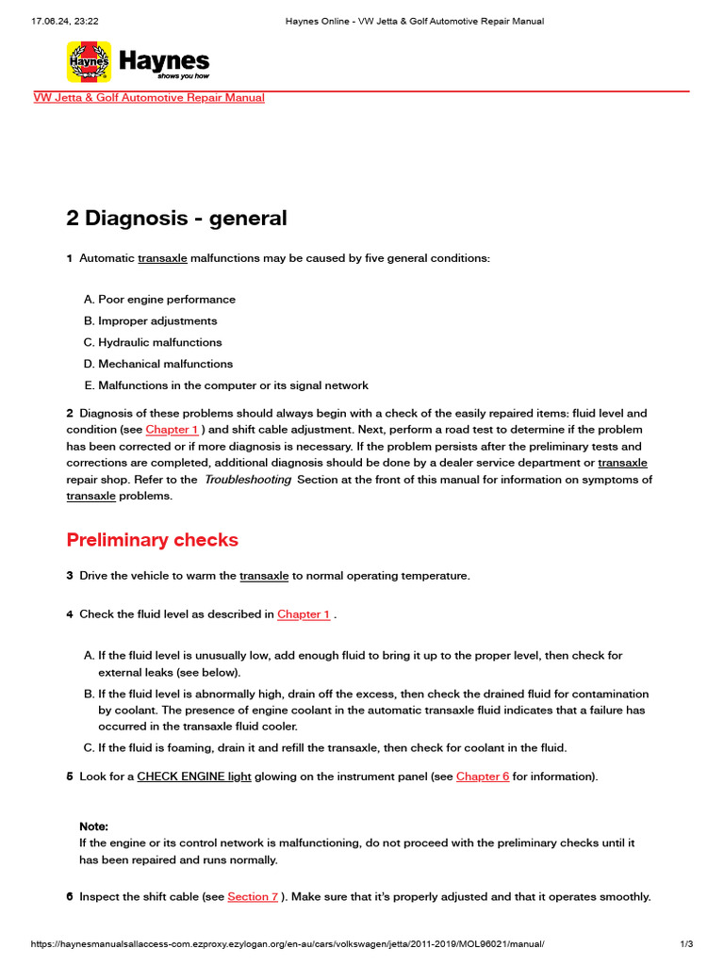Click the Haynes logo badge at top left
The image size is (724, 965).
(90, 62)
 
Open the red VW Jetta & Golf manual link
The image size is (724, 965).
(149, 98)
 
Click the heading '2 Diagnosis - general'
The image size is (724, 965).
(176, 219)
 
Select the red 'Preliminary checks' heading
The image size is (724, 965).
(152, 540)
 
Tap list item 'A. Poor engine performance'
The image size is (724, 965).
(159, 300)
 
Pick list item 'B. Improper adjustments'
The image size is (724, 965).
(150, 321)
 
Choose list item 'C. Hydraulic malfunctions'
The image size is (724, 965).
(153, 343)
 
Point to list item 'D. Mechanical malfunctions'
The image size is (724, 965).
(157, 364)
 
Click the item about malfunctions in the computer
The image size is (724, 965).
(225, 385)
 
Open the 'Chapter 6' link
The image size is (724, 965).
(483, 777)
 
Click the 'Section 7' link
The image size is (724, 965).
(253, 897)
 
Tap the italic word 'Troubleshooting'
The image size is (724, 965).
(248, 480)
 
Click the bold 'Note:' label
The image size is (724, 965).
(93, 826)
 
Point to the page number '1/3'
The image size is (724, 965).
(686, 944)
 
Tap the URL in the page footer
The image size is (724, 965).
(288, 944)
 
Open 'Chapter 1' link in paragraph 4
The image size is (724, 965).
(304, 614)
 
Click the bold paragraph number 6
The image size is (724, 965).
(70, 897)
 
